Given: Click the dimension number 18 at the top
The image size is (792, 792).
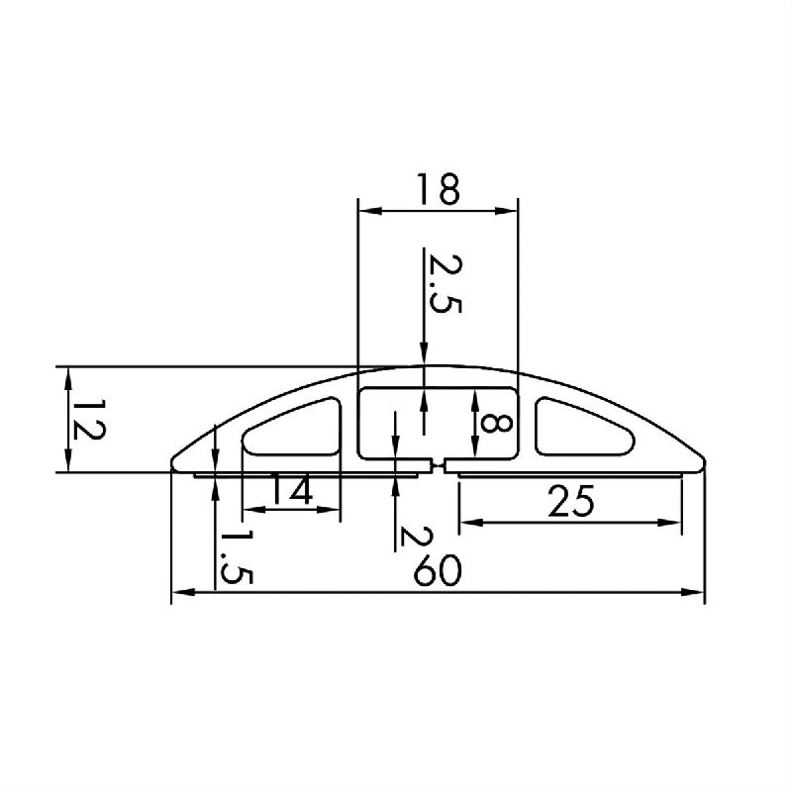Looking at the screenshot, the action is pos(438,189).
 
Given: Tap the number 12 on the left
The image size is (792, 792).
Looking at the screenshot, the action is pos(88,420).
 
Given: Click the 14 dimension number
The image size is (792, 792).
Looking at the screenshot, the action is pos(290,489).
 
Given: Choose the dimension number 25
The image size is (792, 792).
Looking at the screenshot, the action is pos(571,501).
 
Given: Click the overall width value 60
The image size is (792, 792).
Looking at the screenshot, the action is pos(438,570).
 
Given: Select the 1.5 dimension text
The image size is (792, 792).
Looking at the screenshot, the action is pos(236,556).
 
